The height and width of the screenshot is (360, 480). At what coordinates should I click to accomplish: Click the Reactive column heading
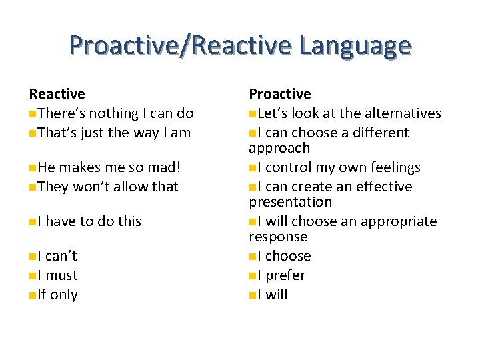coord(57,94)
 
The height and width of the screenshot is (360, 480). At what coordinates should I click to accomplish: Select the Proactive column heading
coord(280,94)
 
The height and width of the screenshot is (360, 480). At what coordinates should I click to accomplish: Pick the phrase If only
coord(58,295)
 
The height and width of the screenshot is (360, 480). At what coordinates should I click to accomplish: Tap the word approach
coord(279,148)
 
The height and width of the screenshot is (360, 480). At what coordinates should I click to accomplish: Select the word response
coord(278,237)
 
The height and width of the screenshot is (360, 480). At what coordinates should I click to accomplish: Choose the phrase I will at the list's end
coord(273,295)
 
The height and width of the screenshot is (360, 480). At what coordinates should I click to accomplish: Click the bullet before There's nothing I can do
coord(33,114)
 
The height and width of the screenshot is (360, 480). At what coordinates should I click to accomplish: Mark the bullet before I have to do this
coord(33,221)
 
